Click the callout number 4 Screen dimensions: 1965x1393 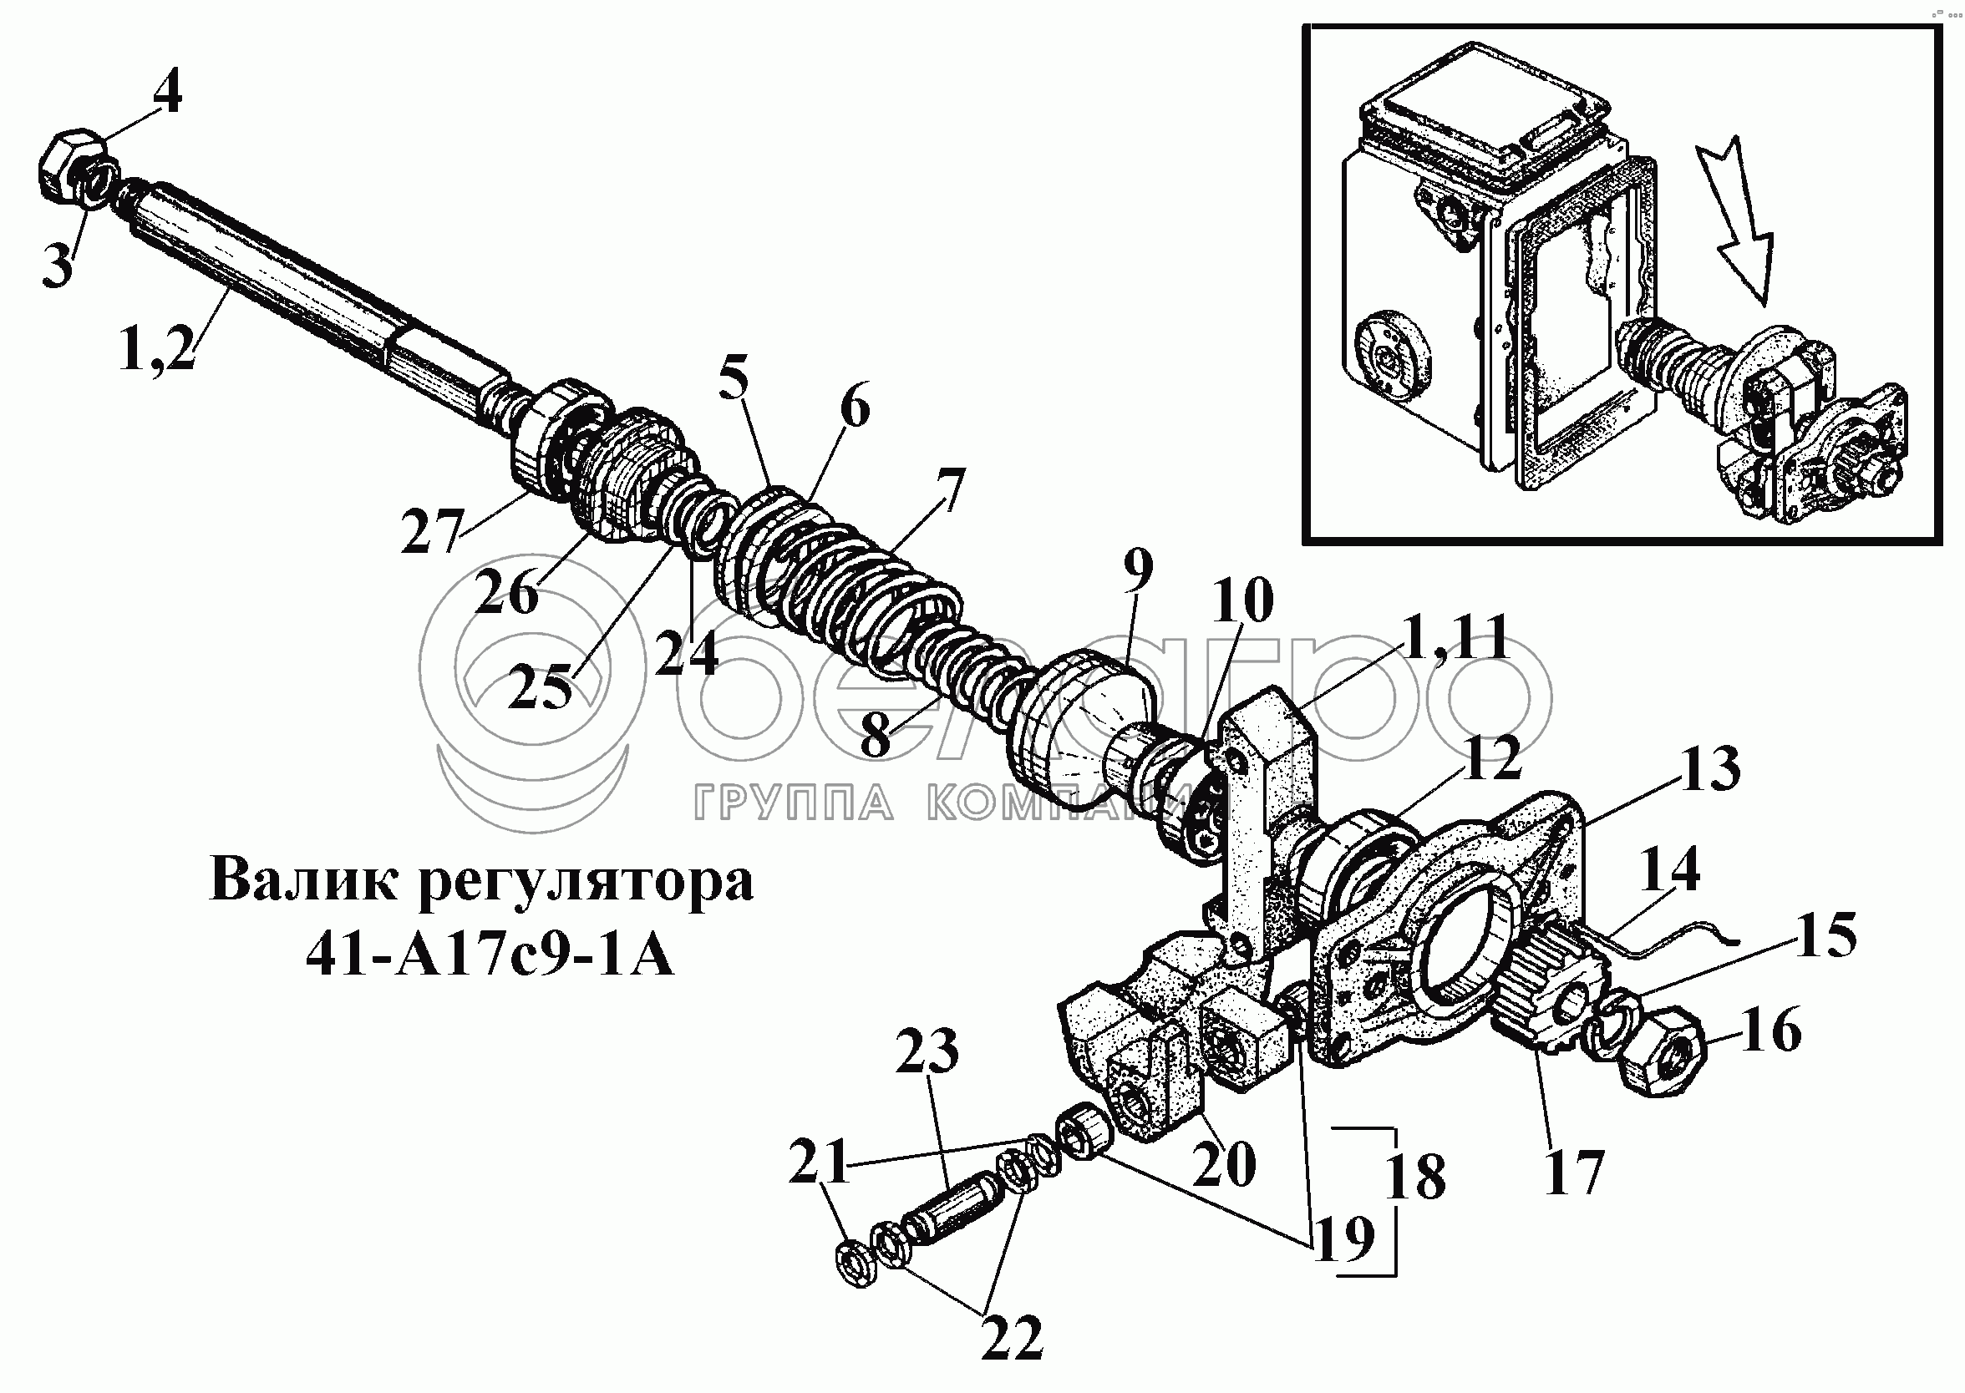pos(168,94)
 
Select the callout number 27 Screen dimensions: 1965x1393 pos(433,530)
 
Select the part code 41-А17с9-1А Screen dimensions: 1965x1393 pos(490,955)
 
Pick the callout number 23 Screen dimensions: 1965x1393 pos(927,1050)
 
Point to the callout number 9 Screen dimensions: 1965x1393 pos(1136,570)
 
